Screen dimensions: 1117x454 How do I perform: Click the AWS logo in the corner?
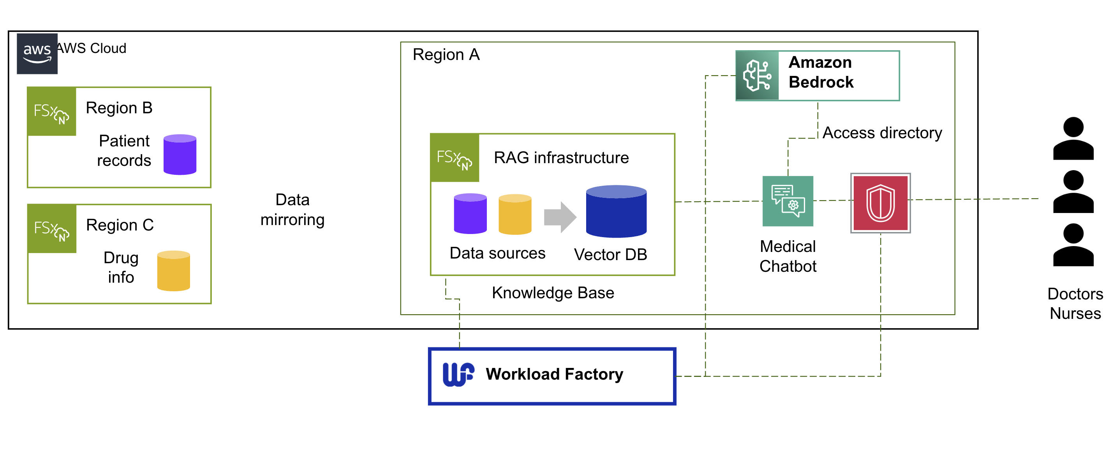[x=37, y=54]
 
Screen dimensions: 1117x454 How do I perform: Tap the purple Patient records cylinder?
[x=180, y=154]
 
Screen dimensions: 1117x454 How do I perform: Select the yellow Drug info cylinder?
[x=173, y=271]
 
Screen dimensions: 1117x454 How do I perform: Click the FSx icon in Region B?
[x=51, y=111]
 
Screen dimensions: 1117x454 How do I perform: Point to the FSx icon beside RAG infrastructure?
[x=455, y=157]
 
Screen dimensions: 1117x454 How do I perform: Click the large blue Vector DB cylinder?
[x=616, y=211]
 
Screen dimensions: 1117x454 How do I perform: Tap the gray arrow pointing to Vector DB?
[x=560, y=217]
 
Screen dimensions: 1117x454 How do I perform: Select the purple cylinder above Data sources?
[x=470, y=213]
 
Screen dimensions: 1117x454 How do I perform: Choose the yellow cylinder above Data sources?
[x=515, y=214]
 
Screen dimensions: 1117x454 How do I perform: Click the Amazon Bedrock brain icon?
[x=758, y=76]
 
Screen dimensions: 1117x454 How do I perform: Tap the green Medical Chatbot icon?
[x=788, y=201]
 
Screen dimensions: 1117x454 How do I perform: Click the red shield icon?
[x=880, y=203]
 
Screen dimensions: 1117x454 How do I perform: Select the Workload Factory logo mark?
[x=458, y=374]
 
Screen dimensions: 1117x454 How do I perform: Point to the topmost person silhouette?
[x=1073, y=138]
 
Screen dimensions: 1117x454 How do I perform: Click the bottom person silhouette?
[x=1073, y=245]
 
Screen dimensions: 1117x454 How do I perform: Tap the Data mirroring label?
[x=292, y=209]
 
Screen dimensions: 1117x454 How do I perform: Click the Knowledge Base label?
[x=553, y=293]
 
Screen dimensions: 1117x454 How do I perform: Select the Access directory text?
[x=882, y=133]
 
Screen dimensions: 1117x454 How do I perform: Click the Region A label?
[x=446, y=55]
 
